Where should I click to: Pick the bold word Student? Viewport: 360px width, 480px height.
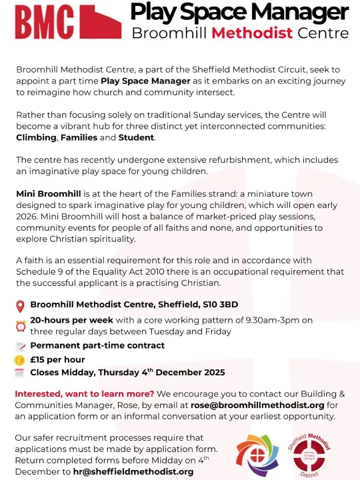136,137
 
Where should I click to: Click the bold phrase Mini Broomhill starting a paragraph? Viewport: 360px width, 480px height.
49,193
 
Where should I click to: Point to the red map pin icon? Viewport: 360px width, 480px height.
20,306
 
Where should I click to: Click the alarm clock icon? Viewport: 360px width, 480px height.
20,326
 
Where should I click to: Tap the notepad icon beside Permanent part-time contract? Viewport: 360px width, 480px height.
20,346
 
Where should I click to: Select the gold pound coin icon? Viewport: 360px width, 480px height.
20,359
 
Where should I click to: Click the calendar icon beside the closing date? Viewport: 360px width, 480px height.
20,373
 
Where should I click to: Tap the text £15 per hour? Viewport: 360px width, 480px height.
57,359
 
